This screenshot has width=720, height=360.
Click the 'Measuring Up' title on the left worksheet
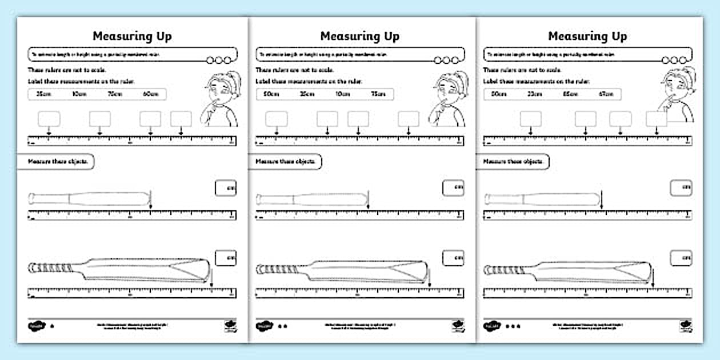[132, 36]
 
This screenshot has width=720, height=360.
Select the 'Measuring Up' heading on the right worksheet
[587, 36]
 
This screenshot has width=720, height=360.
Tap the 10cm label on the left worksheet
[79, 94]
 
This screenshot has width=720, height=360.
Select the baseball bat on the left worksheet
[89, 199]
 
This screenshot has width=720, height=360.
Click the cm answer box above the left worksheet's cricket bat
[226, 258]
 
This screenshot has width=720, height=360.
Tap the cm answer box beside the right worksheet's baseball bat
[681, 188]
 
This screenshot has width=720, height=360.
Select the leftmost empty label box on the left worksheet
[49, 118]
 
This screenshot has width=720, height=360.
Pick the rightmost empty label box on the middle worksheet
[408, 118]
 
